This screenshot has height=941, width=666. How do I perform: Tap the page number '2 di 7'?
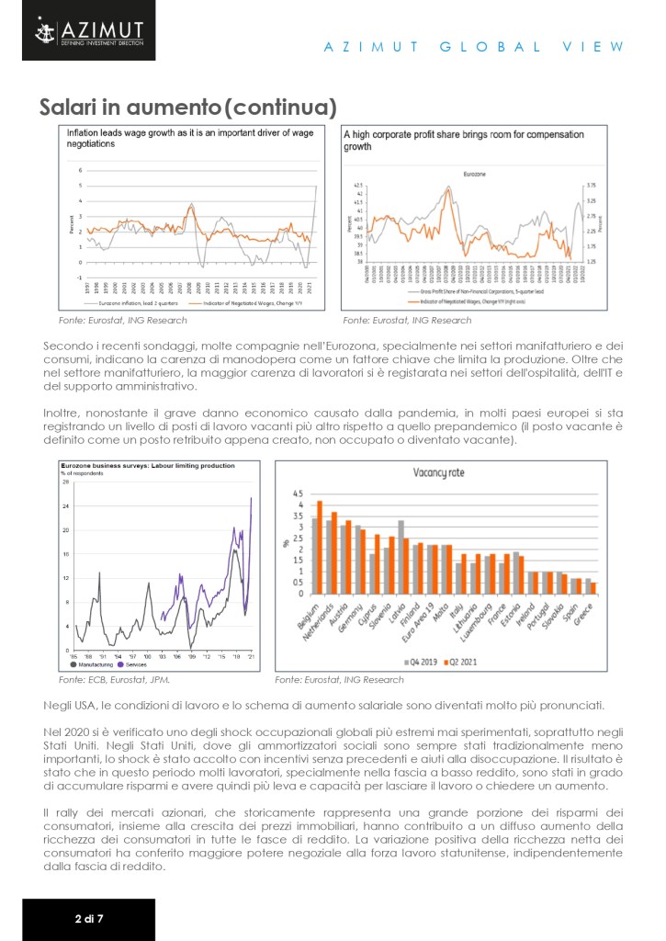(x=87, y=918)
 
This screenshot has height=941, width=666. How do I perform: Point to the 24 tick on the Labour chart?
(x=65, y=506)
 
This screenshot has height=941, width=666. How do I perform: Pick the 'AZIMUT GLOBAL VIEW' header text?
(x=474, y=47)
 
